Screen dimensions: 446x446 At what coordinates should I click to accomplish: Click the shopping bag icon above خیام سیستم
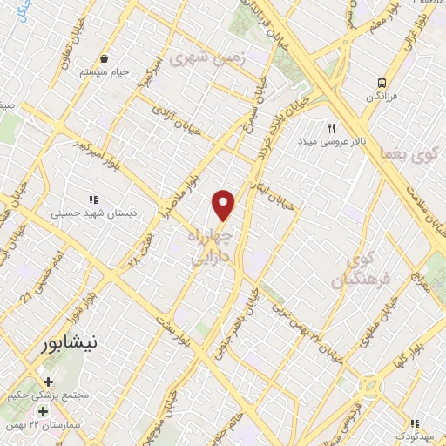105,58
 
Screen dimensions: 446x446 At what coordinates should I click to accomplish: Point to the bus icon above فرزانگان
381,83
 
